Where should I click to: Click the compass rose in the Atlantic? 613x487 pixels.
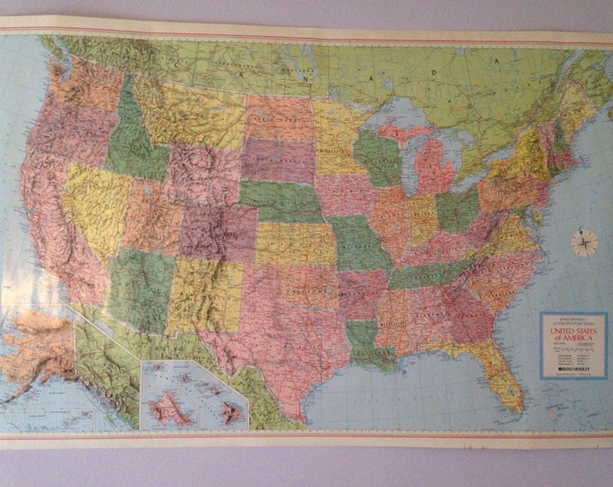click(584, 241)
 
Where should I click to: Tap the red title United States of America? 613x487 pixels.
click(571, 335)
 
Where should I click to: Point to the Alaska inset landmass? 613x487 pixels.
click(36, 347)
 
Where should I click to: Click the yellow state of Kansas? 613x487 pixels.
click(294, 243)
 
